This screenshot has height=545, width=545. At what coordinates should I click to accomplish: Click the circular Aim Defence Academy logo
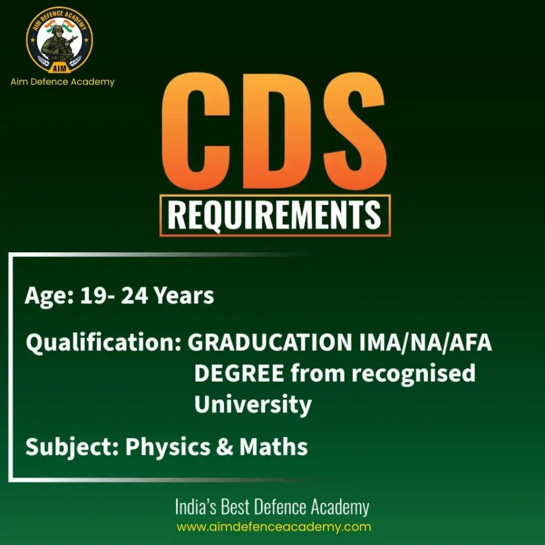point(60,39)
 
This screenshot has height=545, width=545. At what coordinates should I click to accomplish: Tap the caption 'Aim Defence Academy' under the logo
point(62,82)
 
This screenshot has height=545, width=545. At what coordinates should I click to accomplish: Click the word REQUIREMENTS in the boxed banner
point(275,216)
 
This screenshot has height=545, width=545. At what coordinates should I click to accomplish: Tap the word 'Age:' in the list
point(48,296)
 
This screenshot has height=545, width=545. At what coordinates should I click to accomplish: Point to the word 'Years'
point(184,296)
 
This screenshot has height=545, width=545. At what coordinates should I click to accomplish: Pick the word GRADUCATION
point(266,344)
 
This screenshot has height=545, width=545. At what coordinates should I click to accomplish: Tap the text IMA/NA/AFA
point(422,344)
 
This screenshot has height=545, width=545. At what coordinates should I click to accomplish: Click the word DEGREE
point(239,374)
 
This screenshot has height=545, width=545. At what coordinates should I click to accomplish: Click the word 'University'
point(253,404)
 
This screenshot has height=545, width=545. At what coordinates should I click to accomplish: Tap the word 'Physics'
point(168,447)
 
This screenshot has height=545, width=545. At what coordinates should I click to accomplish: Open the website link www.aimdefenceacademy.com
point(274,527)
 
